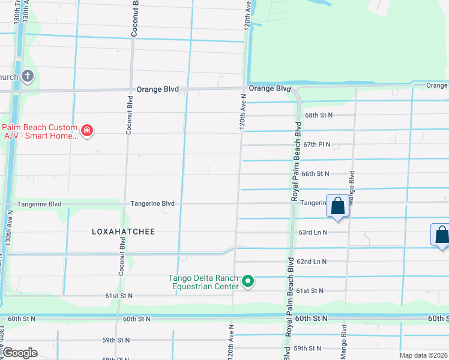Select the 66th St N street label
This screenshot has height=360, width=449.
pyautogui.click(x=315, y=173)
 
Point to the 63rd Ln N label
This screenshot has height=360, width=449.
pyautogui.click(x=313, y=232)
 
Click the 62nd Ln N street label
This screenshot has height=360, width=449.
pyautogui.click(x=312, y=262)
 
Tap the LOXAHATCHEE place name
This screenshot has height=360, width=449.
pyautogui.click(x=123, y=232)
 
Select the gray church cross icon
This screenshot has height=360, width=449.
pyautogui.click(x=27, y=76)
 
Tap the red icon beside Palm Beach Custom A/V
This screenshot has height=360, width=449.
pyautogui.click(x=87, y=131)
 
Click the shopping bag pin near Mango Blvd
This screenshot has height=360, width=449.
pyautogui.click(x=337, y=206)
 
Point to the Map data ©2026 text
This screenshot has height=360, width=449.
pyautogui.click(x=423, y=355)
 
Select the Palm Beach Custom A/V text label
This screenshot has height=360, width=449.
pyautogui.click(x=40, y=131)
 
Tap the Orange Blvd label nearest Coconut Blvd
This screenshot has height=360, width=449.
pyautogui.click(x=158, y=89)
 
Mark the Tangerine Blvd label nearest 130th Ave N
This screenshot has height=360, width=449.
pyautogui.click(x=40, y=204)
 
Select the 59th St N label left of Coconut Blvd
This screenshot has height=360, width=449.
pyautogui.click(x=116, y=340)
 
